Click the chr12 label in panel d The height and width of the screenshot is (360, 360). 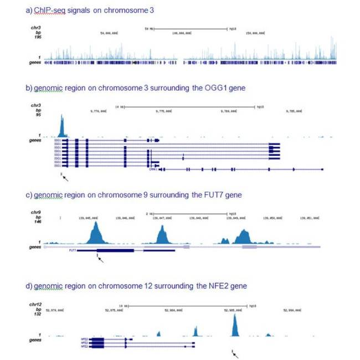(x=37, y=305)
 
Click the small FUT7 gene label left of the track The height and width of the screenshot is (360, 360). (x=72, y=250)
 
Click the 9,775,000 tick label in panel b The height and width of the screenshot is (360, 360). (x=164, y=111)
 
